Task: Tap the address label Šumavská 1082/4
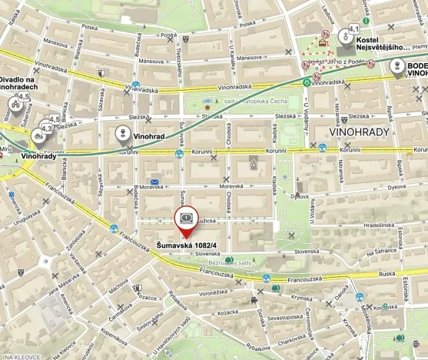coord(186,245)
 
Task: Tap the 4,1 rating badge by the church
coord(354,28)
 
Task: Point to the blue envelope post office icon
coord(154,182)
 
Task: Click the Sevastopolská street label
coord(279,318)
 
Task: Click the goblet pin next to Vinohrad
coord(121,134)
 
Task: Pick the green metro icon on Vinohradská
coord(307,82)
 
